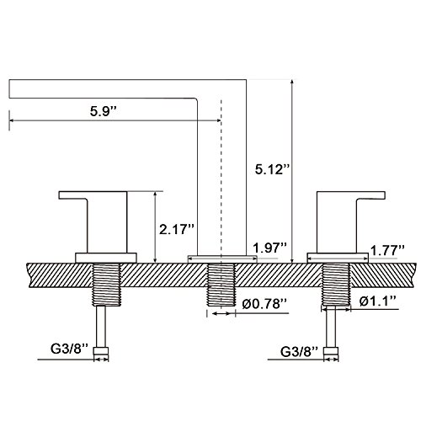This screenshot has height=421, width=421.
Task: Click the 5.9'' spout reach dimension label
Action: coord(103,111)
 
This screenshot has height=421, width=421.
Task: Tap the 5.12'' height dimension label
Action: coord(272,169)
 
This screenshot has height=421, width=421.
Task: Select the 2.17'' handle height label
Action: coord(177,229)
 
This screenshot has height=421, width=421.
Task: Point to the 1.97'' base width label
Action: coord(269,248)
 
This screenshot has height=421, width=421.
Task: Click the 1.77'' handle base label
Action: coord(387,250)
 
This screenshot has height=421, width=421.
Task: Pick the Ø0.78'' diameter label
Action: coord(264,303)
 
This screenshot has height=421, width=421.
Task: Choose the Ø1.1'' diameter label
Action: coord(378,301)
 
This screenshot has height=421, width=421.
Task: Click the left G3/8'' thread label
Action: coord(69,349)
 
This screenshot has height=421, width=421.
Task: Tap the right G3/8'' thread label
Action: coord(299,352)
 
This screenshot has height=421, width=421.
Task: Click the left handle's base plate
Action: coord(106,258)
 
